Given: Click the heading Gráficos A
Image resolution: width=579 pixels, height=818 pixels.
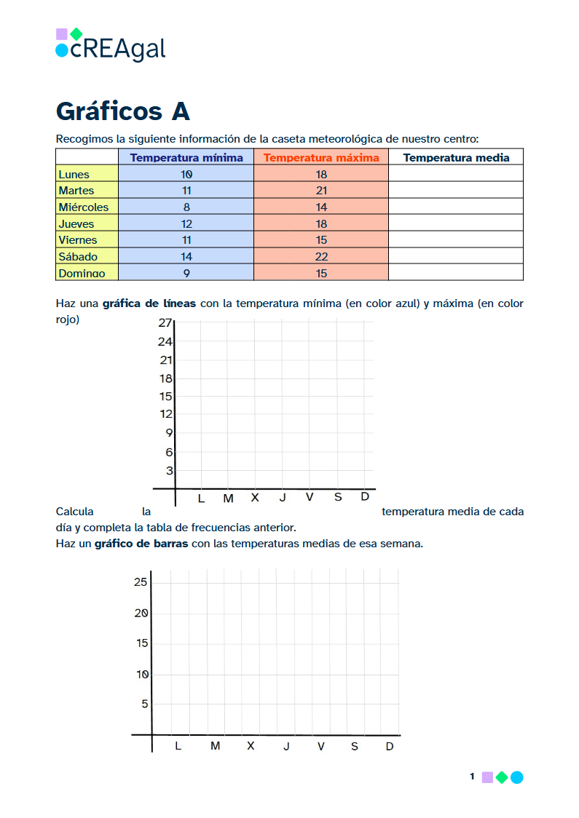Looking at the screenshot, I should [x=122, y=111].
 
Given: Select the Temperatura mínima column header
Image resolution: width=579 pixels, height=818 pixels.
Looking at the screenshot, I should [x=186, y=157].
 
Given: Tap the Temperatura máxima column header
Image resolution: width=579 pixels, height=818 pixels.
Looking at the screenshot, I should [x=321, y=157].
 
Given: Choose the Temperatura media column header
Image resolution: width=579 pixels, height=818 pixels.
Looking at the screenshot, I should [x=456, y=157].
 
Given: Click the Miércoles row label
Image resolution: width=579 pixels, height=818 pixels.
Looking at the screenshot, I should [x=83, y=207].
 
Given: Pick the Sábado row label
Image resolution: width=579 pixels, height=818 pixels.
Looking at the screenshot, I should [x=78, y=257].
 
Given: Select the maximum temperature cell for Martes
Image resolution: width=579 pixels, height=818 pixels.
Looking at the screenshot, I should [x=321, y=191].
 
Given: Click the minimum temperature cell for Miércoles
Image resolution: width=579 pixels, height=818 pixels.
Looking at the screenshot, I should [x=186, y=207].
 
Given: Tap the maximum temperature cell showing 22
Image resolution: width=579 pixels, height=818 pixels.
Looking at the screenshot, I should [x=321, y=257].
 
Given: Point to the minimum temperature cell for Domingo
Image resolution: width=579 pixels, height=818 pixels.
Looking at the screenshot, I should [x=186, y=274].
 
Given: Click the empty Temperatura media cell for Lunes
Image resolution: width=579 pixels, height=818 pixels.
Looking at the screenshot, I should [x=456, y=174].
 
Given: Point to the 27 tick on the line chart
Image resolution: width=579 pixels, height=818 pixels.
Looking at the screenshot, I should [x=165, y=323].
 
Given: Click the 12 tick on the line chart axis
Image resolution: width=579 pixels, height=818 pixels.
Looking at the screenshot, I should [x=166, y=414].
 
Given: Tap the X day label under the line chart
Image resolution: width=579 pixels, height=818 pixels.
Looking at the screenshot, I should [x=255, y=498].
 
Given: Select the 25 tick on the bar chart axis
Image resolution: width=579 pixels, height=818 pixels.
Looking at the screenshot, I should [x=141, y=581].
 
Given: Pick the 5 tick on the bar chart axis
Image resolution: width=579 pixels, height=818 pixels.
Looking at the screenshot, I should [x=144, y=704].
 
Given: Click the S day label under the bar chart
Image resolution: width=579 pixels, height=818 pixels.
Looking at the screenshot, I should [x=355, y=746].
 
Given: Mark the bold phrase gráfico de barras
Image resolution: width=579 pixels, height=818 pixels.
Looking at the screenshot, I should [x=141, y=544].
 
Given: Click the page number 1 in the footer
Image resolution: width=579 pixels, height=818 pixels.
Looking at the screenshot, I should [x=472, y=777].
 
